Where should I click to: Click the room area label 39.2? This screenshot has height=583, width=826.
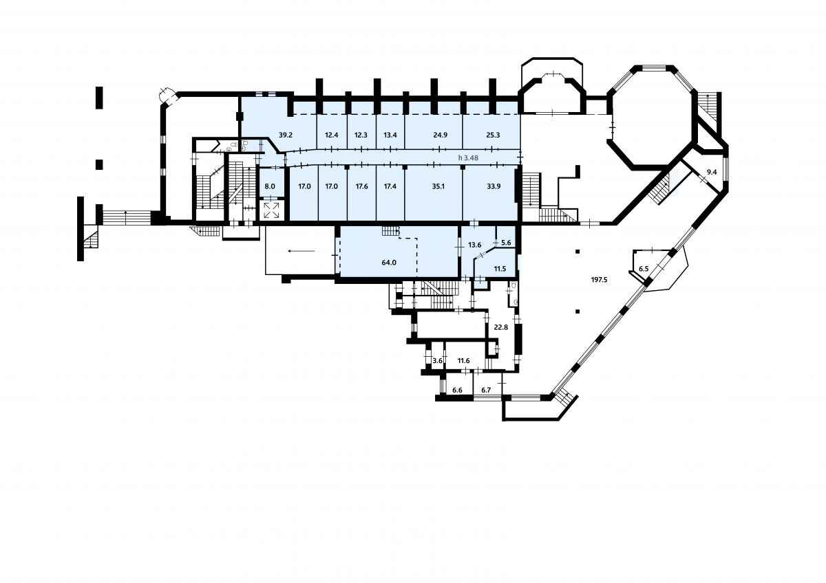286,135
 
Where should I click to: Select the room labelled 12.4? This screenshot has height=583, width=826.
332,135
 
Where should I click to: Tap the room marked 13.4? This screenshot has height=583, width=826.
390,135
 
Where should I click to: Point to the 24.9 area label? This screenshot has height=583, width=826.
441,135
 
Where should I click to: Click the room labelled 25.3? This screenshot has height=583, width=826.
493,135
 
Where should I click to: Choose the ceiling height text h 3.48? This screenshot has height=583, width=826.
468,157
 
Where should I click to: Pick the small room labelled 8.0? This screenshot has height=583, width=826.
270,186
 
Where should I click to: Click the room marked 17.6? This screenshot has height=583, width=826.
362,186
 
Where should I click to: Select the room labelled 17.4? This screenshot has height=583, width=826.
390,186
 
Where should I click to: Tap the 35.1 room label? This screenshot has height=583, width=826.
438,186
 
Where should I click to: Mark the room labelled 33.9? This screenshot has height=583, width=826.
494,186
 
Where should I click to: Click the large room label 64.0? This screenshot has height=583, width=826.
389,263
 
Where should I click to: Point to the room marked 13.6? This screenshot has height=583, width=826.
474,245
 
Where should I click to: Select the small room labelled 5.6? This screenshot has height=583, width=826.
507,243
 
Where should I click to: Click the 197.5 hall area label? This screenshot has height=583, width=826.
600,280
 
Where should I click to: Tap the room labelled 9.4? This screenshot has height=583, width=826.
712,172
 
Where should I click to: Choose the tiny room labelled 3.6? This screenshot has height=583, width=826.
437,361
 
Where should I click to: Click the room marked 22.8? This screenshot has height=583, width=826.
501,327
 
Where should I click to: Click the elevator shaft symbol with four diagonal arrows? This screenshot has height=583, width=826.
272,210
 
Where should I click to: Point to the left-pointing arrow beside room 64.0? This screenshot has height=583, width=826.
301,251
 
